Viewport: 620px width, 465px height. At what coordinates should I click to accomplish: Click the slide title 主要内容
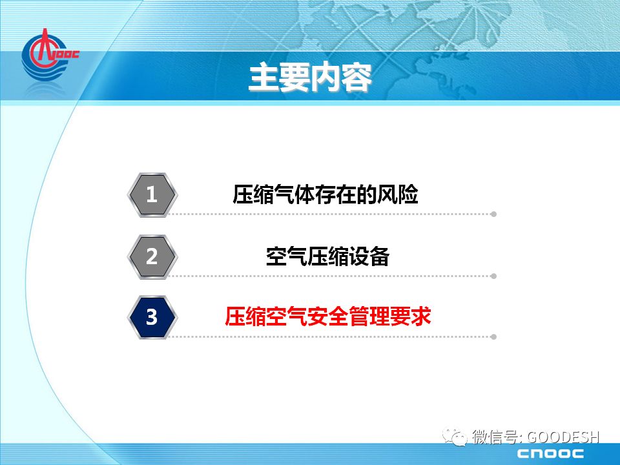(311, 77)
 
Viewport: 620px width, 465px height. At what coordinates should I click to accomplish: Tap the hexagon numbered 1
(152, 194)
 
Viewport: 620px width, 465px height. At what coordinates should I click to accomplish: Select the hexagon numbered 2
(152, 256)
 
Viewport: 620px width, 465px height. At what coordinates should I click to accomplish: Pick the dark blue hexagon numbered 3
(152, 317)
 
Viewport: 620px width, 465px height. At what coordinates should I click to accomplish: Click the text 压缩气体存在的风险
(325, 194)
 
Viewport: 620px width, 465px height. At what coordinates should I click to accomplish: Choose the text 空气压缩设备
(328, 256)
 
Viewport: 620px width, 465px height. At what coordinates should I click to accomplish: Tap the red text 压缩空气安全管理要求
(328, 316)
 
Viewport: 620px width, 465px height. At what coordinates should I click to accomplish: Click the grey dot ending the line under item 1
(493, 214)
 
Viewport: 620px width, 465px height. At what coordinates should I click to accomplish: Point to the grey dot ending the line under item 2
(493, 276)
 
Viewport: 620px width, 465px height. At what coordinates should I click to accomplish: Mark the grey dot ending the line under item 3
(493, 337)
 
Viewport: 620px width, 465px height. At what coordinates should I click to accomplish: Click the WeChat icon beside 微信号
(455, 437)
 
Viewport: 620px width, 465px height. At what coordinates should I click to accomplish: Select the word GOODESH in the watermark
(563, 437)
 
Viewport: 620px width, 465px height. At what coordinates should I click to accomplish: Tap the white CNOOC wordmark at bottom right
(550, 453)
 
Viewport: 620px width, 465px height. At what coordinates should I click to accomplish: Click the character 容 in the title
(356, 77)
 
